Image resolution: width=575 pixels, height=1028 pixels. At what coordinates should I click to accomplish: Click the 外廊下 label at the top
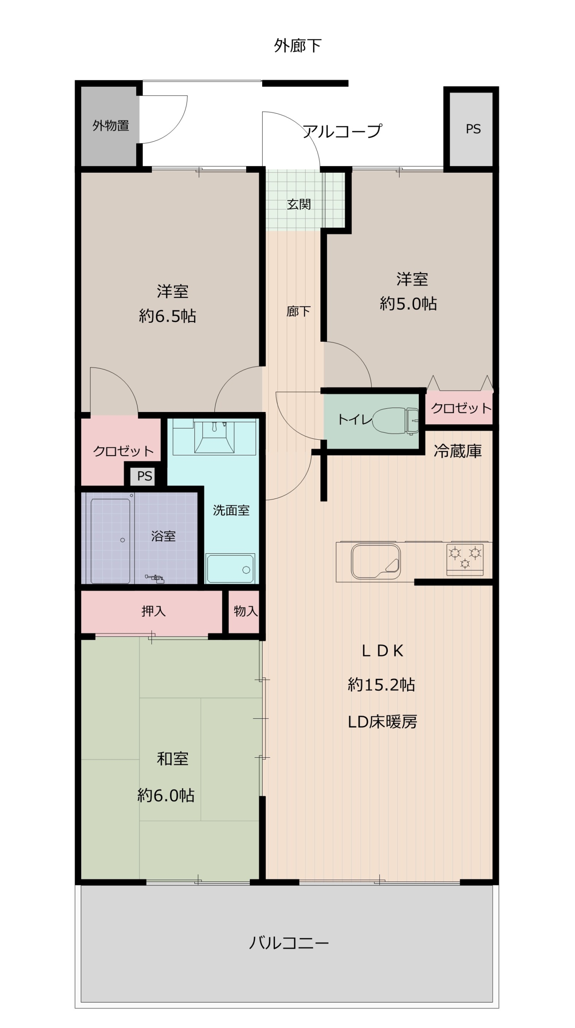tap(298, 46)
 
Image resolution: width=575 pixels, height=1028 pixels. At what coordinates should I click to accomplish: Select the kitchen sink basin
tap(376, 561)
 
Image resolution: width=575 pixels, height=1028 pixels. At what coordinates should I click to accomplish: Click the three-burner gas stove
tap(465, 559)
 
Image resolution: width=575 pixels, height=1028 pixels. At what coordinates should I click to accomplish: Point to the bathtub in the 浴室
tap(110, 541)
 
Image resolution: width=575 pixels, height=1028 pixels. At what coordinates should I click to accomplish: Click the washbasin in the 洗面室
tap(214, 437)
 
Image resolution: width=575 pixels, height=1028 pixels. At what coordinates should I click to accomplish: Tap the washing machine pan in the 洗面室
tap(230, 568)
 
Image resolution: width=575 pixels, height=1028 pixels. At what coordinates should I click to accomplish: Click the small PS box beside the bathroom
tap(145, 476)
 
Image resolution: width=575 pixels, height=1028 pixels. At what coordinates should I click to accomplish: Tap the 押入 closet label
tap(153, 611)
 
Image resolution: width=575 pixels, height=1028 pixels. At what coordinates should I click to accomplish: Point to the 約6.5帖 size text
tap(167, 316)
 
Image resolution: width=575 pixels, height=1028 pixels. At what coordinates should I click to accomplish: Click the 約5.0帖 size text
tap(408, 304)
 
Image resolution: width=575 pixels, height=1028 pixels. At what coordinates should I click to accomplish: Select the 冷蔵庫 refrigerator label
tap(457, 451)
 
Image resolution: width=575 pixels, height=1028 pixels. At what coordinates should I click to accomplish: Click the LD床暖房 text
tap(382, 722)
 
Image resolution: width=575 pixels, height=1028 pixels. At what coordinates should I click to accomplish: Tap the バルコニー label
tap(289, 942)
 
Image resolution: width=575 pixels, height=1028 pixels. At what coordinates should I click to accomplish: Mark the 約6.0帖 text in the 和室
tap(166, 795)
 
